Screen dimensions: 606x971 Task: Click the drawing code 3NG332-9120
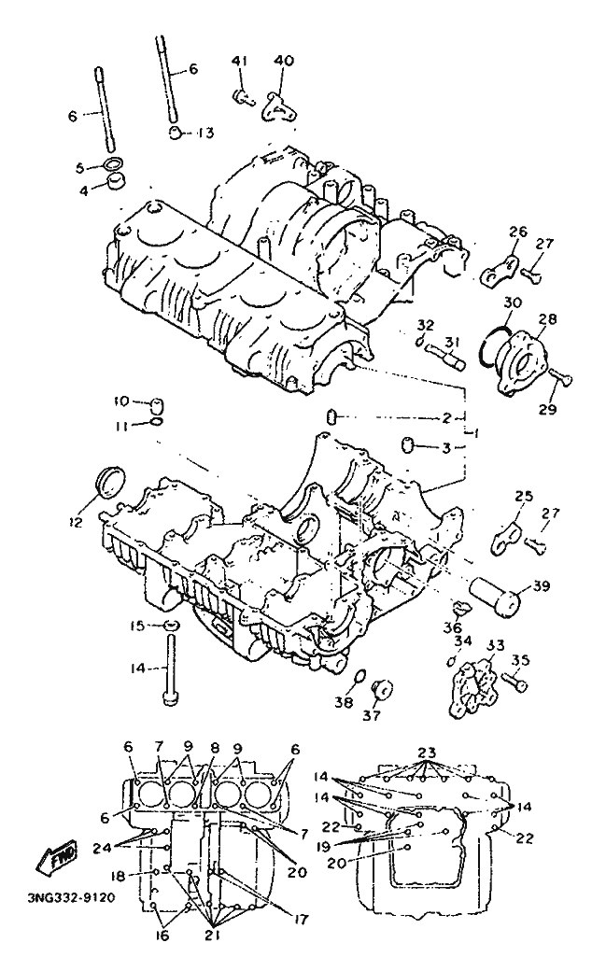(x=71, y=897)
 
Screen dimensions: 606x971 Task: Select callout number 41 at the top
(x=239, y=61)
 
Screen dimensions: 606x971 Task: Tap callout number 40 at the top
(x=284, y=61)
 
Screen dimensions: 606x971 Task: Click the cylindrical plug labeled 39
(x=496, y=594)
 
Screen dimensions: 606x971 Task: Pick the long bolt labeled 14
(x=170, y=667)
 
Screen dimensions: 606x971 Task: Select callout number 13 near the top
(x=205, y=133)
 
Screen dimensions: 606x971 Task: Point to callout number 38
(x=344, y=702)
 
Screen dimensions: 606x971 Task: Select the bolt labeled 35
(x=515, y=682)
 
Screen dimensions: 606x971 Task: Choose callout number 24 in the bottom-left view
(x=103, y=847)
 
